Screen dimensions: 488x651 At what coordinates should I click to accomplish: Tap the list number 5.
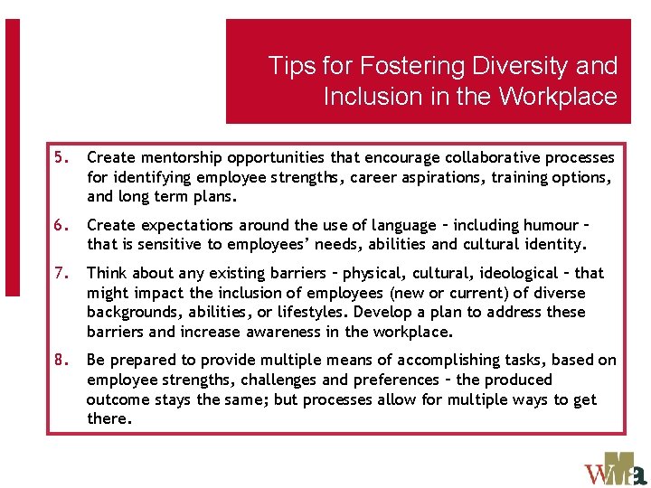[61, 157]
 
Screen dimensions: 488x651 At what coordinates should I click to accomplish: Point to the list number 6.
[61, 225]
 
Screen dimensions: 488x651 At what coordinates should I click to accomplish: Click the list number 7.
[61, 273]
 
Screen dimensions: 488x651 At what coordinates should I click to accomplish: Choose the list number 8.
[61, 360]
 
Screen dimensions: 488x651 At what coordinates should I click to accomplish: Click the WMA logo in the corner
[616, 467]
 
